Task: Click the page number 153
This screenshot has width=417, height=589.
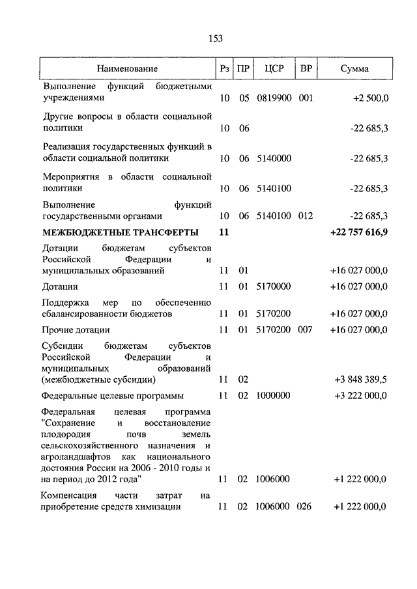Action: tap(216, 38)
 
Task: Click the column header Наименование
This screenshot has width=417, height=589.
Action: tap(128, 68)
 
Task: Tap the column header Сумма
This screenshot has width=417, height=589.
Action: tap(354, 68)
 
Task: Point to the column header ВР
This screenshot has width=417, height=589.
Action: tap(306, 68)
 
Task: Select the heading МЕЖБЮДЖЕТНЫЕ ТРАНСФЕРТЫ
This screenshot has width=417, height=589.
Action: tap(121, 232)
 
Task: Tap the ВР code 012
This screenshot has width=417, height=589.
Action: tap(306, 216)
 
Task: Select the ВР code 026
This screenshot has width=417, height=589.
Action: tap(306, 507)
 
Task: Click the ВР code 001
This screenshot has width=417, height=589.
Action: tap(306, 98)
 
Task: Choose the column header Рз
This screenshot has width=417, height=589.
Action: tap(224, 68)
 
